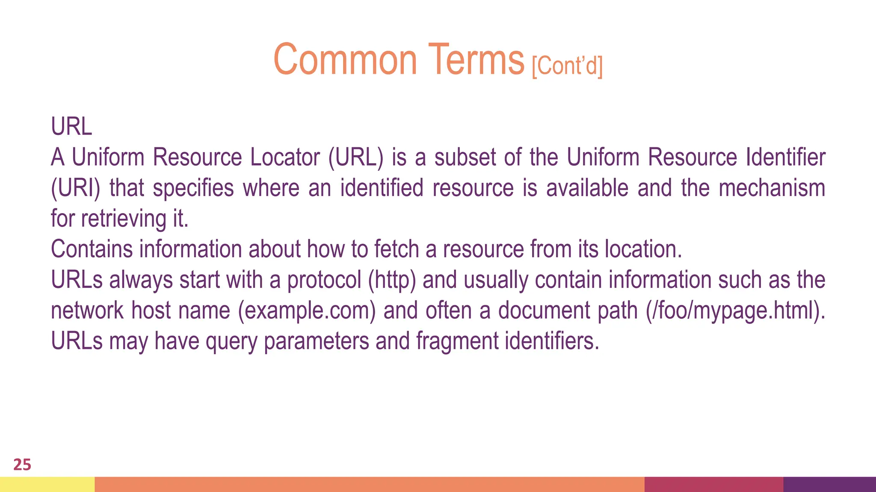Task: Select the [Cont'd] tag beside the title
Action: coord(567,66)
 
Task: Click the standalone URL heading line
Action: coord(71,127)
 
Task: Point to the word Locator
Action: coord(285,157)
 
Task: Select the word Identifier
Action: coord(785,157)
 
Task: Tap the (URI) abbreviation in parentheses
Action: coord(75,188)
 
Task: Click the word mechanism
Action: coord(772,188)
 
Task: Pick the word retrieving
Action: coord(123,219)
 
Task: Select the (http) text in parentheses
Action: coord(392,280)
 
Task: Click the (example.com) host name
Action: coord(307,310)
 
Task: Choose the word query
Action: coord(231,341)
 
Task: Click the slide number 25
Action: coord(22,465)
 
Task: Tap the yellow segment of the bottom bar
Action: coord(47,484)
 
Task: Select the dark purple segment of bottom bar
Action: coord(829,484)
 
